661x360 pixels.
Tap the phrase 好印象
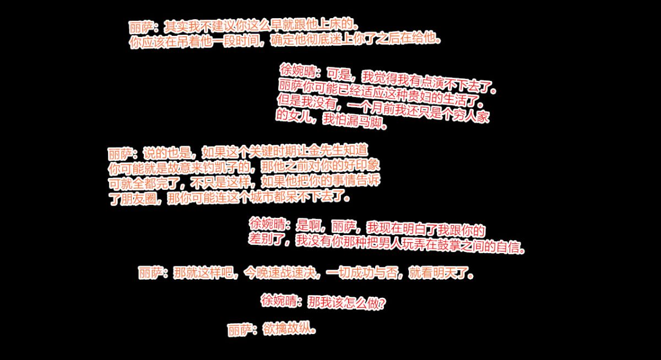(361, 165)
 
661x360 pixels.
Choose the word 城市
(262, 197)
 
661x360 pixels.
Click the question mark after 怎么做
(382, 304)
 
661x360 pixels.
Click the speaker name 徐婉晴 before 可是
(297, 70)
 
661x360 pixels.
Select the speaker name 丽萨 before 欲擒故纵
(240, 330)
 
